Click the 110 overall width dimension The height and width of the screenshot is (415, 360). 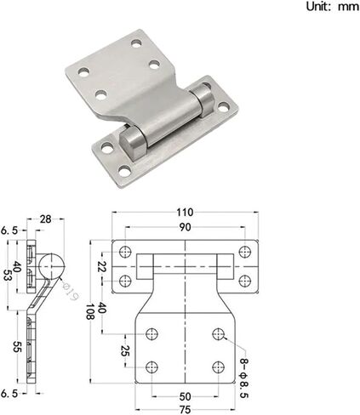(185, 213)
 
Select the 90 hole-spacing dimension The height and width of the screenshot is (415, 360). (185, 227)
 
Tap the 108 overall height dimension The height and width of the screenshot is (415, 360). (90, 312)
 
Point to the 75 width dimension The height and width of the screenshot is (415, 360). (185, 410)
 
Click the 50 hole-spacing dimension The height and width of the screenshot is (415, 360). (185, 396)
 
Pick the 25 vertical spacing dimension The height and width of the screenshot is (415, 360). (125, 350)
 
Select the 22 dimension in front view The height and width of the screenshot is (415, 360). (101, 267)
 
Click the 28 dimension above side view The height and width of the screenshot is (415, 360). (45, 219)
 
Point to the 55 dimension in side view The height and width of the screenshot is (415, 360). (18, 346)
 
